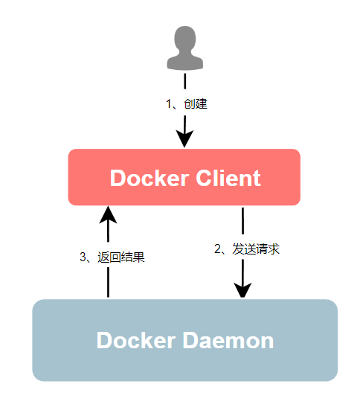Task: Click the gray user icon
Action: pyautogui.click(x=185, y=48)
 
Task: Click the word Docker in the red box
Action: pyautogui.click(x=150, y=178)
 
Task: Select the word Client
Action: pyautogui.click(x=228, y=178)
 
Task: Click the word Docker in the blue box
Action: pyautogui.click(x=136, y=340)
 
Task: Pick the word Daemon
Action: pyautogui.click(x=228, y=340)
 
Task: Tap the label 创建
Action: pyautogui.click(x=196, y=104)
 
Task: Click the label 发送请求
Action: pyautogui.click(x=256, y=249)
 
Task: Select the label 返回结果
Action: pyautogui.click(x=121, y=257)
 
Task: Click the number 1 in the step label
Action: pyautogui.click(x=169, y=104)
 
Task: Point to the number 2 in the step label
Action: pyautogui.click(x=217, y=249)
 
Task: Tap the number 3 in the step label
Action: pyautogui.click(x=83, y=257)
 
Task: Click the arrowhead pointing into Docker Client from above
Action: pyautogui.click(x=184, y=138)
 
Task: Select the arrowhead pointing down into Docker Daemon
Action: pyautogui.click(x=242, y=289)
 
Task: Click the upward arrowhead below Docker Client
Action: pyautogui.click(x=108, y=215)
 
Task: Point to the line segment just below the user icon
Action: pyautogui.click(x=185, y=81)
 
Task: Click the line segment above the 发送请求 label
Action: pyautogui.click(x=243, y=221)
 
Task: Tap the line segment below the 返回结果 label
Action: pyautogui.click(x=108, y=283)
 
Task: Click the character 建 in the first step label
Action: pyautogui.click(x=202, y=104)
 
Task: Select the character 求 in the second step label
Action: pyautogui.click(x=274, y=249)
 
